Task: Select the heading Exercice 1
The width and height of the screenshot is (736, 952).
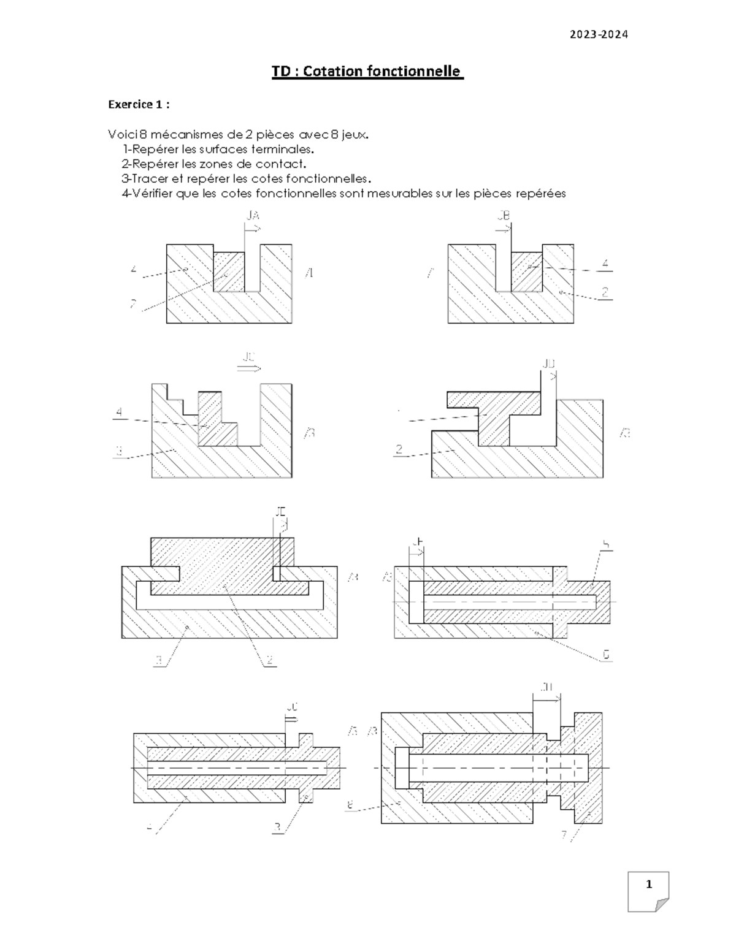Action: pyautogui.click(x=139, y=105)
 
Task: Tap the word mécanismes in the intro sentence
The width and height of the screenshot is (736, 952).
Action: pyautogui.click(x=183, y=134)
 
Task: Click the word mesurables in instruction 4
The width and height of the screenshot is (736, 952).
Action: pyautogui.click(x=404, y=194)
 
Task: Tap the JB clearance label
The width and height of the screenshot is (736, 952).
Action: pyautogui.click(x=503, y=216)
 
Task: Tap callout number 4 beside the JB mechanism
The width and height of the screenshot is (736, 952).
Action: pyautogui.click(x=605, y=264)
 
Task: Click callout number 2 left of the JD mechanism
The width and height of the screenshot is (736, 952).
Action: pyautogui.click(x=399, y=451)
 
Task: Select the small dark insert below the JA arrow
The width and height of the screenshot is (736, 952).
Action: pyautogui.click(x=229, y=271)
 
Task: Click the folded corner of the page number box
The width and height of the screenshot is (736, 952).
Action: pyautogui.click(x=661, y=905)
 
